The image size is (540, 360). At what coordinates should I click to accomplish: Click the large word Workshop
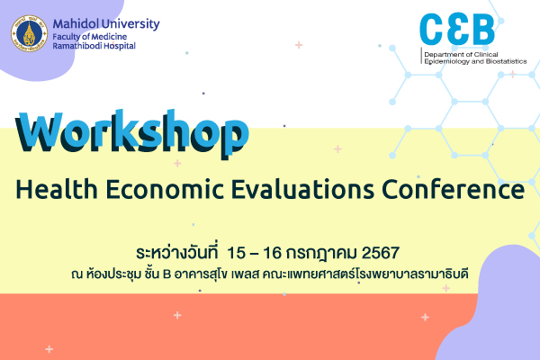[x=130, y=133]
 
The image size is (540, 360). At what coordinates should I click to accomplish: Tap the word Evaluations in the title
[x=288, y=190]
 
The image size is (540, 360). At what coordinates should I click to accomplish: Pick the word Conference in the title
[x=450, y=190]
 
